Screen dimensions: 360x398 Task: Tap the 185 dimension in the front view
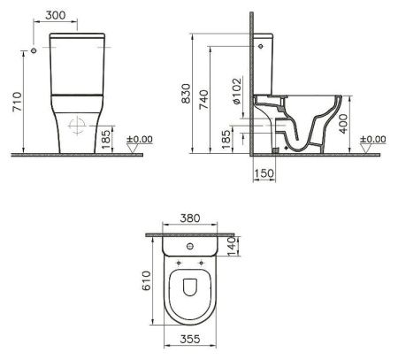pos(105,138)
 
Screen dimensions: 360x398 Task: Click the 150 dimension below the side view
pos(262,173)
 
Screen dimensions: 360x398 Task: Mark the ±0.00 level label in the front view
pos(140,139)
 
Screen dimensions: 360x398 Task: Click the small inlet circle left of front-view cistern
pos(33,52)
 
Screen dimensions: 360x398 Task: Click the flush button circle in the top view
pos(191,246)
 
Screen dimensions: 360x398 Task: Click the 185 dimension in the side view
pos(226,138)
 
